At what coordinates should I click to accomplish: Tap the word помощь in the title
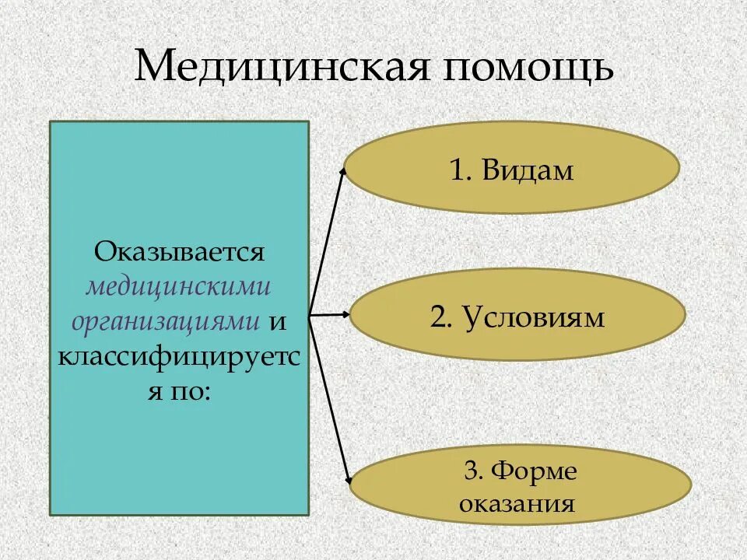pos(529,68)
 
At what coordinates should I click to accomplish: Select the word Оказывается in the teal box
pos(180,252)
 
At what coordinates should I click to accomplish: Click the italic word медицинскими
pos(179,286)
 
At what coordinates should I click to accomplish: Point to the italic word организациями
pos(166,320)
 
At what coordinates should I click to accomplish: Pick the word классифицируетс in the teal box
pos(180,355)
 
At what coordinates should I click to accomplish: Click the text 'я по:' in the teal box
pos(180,390)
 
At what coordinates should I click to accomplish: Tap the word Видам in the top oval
pos(528,170)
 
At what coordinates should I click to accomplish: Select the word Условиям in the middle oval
pos(533,317)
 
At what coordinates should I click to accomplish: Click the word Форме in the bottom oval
pos(531,471)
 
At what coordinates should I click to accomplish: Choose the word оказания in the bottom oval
pos(517,502)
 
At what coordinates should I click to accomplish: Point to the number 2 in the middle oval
pos(437,317)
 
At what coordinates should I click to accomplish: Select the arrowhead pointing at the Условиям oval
pos(346,315)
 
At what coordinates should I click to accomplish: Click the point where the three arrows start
pos(310,315)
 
